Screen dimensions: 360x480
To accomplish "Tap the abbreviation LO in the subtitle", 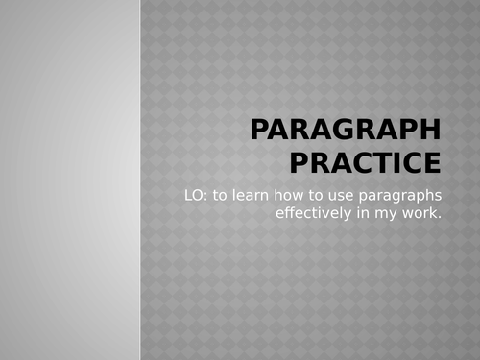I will click(x=194, y=196).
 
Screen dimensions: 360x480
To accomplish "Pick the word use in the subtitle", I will click(x=338, y=196).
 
